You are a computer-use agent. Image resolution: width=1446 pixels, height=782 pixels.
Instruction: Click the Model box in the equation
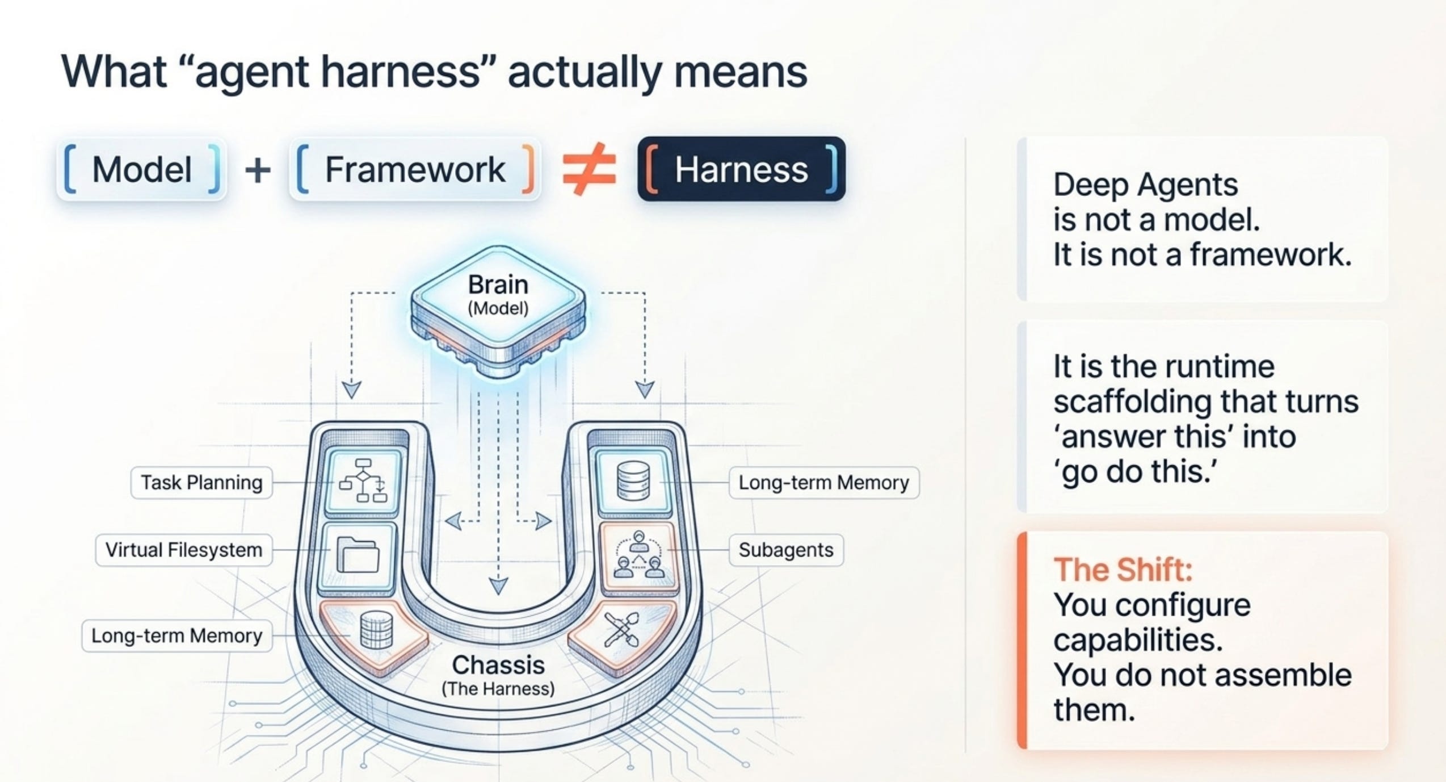(x=141, y=169)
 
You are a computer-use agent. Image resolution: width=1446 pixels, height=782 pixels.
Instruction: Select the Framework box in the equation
(x=414, y=169)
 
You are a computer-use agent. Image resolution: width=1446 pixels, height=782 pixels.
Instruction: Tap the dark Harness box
(x=741, y=169)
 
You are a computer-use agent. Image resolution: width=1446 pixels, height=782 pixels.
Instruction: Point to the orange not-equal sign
(x=589, y=169)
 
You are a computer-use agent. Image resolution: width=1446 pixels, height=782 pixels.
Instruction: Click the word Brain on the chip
(x=498, y=284)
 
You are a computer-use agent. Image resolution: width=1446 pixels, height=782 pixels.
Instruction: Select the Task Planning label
(x=201, y=483)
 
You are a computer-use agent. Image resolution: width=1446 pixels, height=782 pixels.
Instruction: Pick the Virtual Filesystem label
(x=184, y=550)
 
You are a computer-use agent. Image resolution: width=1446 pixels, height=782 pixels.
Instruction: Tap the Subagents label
(x=786, y=550)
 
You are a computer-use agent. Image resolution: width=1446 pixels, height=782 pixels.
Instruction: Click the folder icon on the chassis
(x=358, y=555)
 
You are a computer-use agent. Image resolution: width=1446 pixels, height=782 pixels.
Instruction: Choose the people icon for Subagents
(x=639, y=554)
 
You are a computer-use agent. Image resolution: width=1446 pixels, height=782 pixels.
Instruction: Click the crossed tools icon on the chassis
(x=621, y=629)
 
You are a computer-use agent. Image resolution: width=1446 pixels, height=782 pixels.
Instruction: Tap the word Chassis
(x=498, y=664)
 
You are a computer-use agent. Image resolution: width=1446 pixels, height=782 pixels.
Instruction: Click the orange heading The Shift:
(x=1123, y=569)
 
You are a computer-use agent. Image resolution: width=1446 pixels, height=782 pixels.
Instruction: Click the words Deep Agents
(x=1145, y=185)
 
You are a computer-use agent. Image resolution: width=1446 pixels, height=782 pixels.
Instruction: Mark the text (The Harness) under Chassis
(x=498, y=689)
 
